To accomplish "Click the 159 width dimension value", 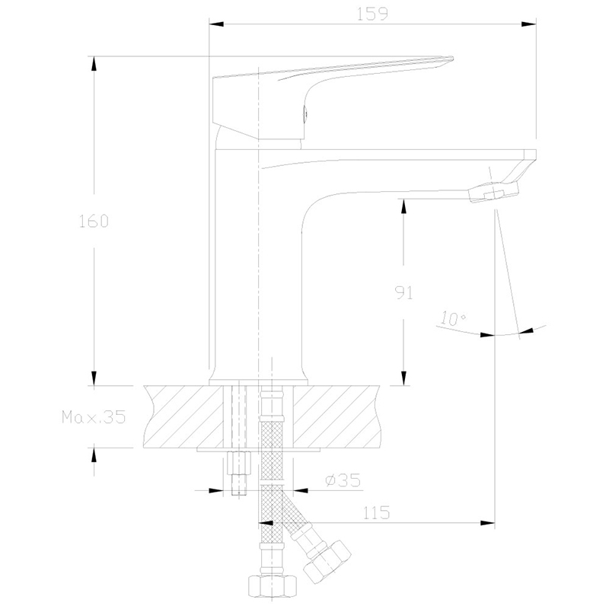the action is click(x=372, y=14).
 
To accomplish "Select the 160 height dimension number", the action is click(x=94, y=222).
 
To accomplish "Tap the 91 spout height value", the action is click(x=404, y=292).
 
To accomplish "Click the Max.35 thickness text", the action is click(x=94, y=417).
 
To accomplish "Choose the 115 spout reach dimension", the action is click(x=376, y=513).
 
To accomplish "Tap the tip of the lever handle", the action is click(x=452, y=59).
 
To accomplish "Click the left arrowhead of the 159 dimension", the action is click(x=217, y=24).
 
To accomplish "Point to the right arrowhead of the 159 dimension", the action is click(x=528, y=24).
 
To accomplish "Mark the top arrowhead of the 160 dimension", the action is click(x=94, y=64).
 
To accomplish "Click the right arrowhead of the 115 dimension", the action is click(x=487, y=523).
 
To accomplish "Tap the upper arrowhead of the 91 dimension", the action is click(x=403, y=206).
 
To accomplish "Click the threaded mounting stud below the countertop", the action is click(x=238, y=473).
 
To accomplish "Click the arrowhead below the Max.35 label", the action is click(x=94, y=455).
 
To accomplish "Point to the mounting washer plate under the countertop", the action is click(x=258, y=450).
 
